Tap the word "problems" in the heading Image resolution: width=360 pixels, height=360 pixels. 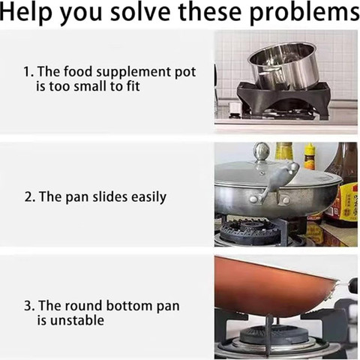(304, 13)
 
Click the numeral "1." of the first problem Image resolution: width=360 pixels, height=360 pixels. (29, 72)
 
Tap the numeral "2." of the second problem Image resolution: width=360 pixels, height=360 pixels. (30, 197)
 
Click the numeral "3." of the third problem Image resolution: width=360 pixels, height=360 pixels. (30, 306)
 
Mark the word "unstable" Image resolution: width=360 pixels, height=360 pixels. (70, 320)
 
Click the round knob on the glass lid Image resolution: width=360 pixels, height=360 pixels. (261, 151)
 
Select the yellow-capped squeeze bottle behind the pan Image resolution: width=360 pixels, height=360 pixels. (310, 156)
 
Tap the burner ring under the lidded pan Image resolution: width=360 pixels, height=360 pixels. (250, 230)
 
